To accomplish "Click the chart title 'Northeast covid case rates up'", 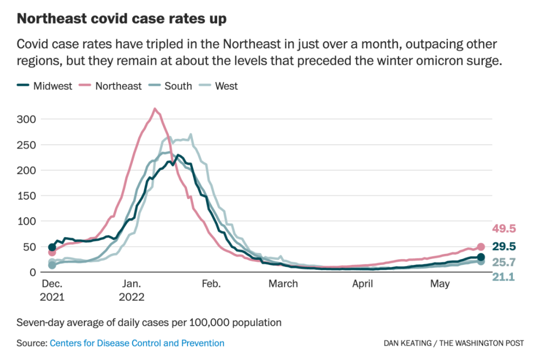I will point(121,19).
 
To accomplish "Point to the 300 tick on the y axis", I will point(27,119).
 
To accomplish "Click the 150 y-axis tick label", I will point(27,196).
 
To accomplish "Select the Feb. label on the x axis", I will point(211,284).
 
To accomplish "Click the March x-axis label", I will point(283,284).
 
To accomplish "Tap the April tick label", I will point(363,284).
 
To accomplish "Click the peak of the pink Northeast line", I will point(154,109).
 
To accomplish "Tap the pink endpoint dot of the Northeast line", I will point(481,247).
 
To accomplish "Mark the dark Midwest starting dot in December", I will point(52,247).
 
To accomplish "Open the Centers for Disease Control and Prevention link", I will point(137,343).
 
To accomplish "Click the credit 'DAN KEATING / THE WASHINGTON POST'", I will point(454,343).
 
